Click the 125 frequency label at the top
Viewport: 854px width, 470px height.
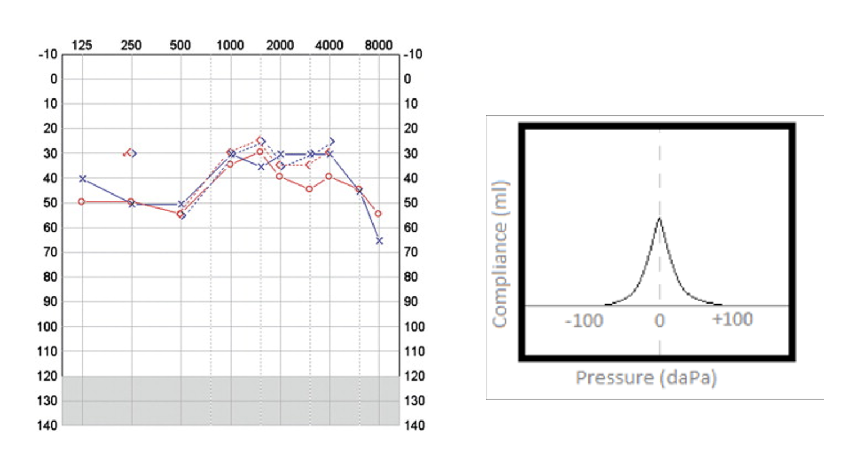[82, 45]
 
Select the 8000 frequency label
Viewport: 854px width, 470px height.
[378, 45]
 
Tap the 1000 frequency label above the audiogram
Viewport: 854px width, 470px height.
[230, 45]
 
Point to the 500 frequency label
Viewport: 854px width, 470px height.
[180, 45]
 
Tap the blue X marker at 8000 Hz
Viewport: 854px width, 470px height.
[379, 241]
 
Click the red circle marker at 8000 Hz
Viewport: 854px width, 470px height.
[378, 214]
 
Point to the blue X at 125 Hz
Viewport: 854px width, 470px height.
[83, 179]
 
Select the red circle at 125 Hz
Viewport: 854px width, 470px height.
[82, 201]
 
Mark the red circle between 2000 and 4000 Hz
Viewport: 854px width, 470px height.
[309, 189]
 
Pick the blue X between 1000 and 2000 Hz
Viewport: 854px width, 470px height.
[261, 167]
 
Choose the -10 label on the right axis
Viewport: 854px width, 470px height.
[413, 55]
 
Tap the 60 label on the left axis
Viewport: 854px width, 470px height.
[50, 228]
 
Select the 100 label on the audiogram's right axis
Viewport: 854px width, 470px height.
[414, 327]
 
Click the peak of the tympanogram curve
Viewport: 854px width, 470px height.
[659, 218]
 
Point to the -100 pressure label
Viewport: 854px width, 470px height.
[584, 320]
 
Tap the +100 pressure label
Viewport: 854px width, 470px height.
[732, 319]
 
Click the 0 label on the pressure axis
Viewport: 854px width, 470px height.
[659, 320]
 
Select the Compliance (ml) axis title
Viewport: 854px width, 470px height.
[500, 254]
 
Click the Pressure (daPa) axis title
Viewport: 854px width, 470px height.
[646, 377]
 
